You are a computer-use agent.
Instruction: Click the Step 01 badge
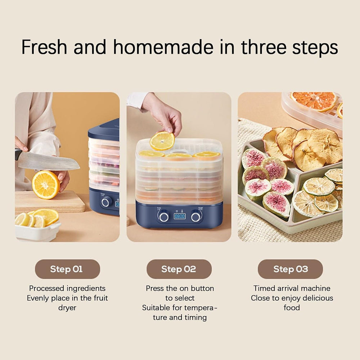tap(67, 269)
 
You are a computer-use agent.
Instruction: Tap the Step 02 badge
tap(179, 269)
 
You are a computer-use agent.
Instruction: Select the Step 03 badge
tap(290, 269)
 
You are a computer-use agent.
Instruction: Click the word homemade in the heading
tap(163, 47)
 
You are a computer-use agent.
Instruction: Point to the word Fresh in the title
tap(44, 47)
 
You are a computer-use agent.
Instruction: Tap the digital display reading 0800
tap(180, 216)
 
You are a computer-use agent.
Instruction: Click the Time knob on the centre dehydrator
tap(164, 217)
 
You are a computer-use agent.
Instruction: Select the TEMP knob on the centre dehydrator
tap(195, 217)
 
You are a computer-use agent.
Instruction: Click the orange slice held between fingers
tap(162, 141)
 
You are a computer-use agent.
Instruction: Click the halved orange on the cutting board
tap(46, 185)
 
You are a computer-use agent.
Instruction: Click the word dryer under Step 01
tap(67, 308)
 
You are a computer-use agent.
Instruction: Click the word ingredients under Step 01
tap(86, 289)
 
